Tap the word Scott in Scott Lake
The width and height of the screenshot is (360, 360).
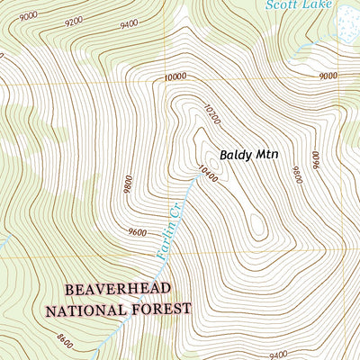[x=283, y=4]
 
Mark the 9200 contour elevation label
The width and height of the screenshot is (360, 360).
[x=74, y=20]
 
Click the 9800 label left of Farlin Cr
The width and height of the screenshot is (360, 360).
[x=131, y=184]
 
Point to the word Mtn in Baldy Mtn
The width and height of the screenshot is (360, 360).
[x=266, y=154]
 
